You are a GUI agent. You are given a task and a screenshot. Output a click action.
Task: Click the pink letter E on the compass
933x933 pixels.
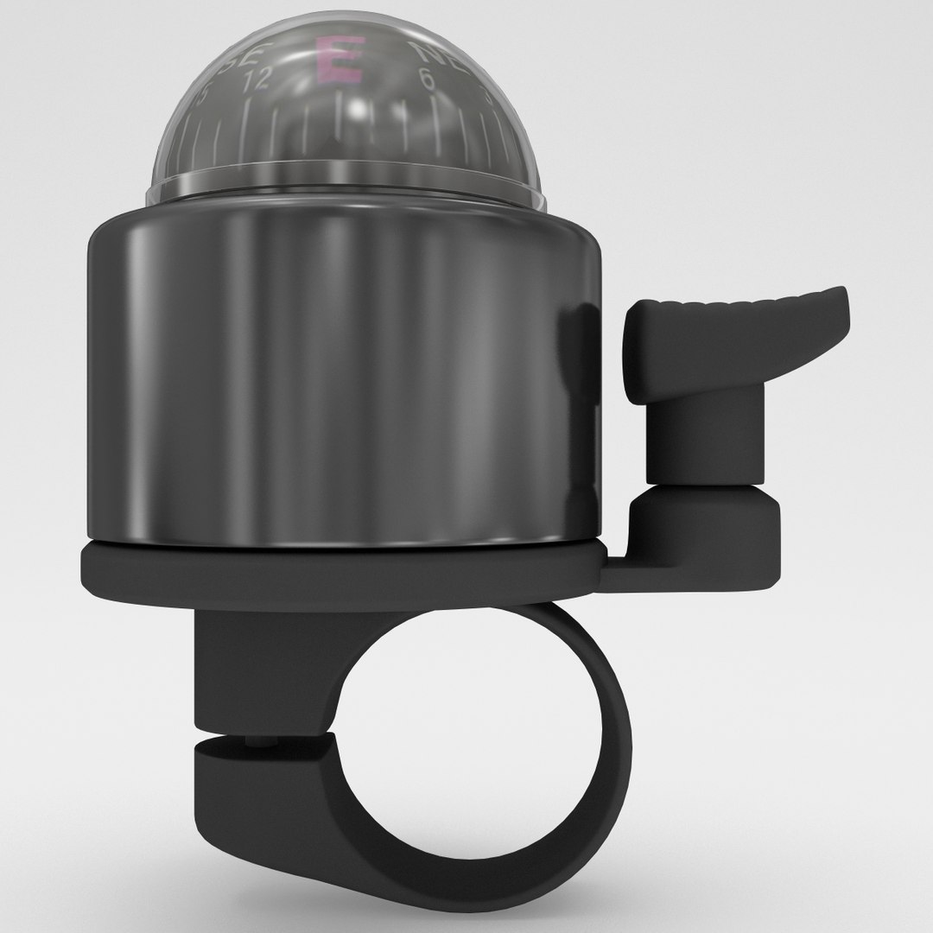[x=340, y=60]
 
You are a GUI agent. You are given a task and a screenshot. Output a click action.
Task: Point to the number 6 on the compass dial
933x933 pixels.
[x=426, y=79]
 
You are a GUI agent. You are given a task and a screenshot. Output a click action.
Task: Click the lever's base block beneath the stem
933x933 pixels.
[x=704, y=527]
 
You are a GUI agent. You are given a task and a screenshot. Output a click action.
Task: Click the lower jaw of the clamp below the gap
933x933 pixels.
[x=259, y=777]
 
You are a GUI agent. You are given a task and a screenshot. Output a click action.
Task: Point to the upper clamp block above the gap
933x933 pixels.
[x=259, y=674]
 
